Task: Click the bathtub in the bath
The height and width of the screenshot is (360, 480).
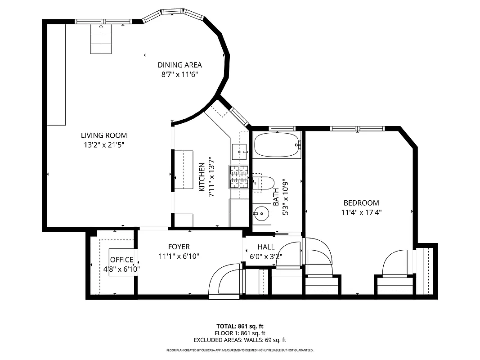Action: (277, 145)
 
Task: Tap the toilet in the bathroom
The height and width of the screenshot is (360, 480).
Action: (265, 182)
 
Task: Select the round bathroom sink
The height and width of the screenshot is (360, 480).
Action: (261, 213)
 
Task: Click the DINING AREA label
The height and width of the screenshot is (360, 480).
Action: (179, 65)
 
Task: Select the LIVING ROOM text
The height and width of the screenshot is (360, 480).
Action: (104, 135)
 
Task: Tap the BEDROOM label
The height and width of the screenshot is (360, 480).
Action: (361, 203)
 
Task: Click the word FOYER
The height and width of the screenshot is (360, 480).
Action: (179, 247)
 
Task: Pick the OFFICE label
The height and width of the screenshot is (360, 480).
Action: (121, 260)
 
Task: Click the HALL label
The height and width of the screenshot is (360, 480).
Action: (266, 247)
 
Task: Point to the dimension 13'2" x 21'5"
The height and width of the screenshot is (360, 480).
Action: (104, 145)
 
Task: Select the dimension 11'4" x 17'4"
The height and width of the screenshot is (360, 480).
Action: (361, 213)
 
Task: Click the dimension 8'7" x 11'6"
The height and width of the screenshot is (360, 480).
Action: (179, 75)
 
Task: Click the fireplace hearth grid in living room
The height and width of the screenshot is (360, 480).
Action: (100, 39)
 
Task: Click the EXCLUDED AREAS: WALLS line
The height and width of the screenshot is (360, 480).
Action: (240, 340)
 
